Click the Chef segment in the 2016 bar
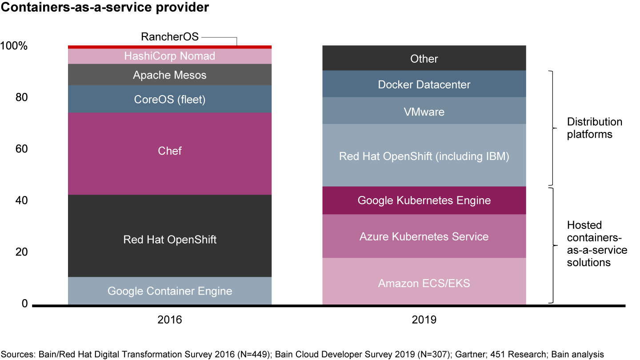click(170, 151)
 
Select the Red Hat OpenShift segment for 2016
click(170, 240)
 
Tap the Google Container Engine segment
click(170, 291)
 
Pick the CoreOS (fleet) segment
click(170, 100)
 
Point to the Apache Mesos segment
click(170, 75)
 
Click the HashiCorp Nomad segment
click(170, 56)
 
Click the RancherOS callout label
click(170, 36)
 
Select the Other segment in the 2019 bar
click(424, 59)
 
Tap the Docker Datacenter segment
click(424, 84)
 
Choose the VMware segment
click(424, 111)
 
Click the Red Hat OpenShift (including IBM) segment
click(424, 156)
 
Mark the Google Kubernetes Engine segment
click(424, 200)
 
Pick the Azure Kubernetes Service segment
click(424, 236)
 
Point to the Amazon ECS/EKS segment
click(424, 283)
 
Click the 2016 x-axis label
click(170, 320)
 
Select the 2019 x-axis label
click(424, 320)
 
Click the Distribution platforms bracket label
click(595, 128)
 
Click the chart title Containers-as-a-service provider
click(105, 8)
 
